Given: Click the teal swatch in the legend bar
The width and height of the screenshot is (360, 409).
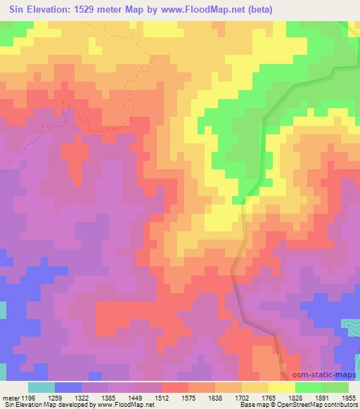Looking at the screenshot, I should point(41,387).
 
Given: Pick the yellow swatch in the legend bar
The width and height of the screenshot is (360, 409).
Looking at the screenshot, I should point(281,387).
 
